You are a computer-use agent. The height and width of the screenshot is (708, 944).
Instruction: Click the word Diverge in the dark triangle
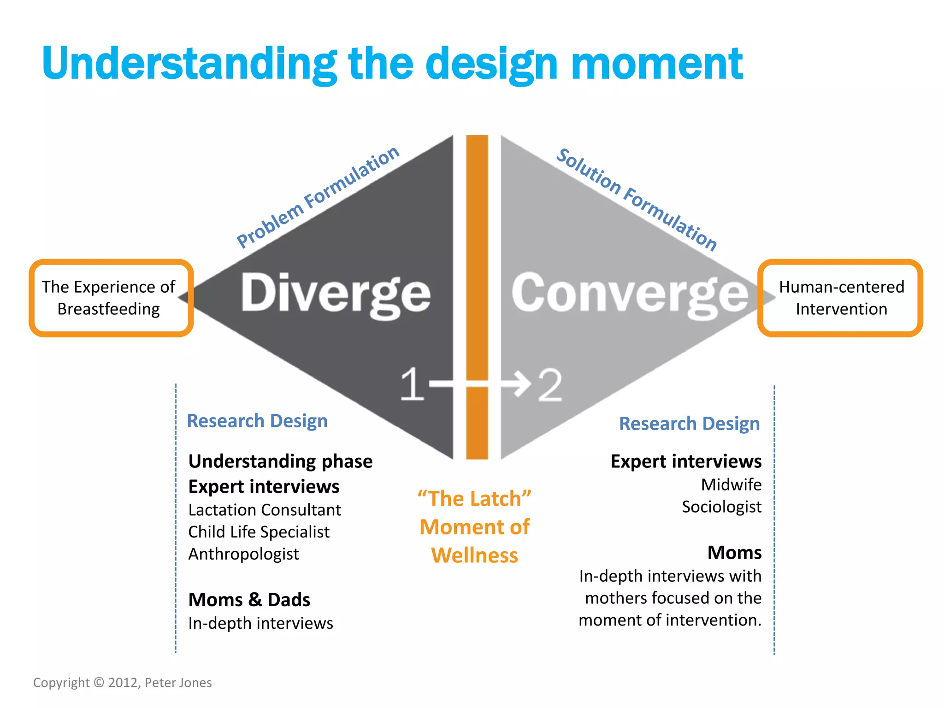pos(336,293)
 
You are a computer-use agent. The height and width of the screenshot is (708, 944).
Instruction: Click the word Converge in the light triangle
pos(629,293)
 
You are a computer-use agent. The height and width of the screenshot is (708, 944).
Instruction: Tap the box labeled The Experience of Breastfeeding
pos(111,298)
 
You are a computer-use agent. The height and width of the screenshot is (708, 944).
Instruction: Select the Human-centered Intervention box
pos(840,298)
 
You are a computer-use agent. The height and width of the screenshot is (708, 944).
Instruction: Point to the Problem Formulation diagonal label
pos(318,197)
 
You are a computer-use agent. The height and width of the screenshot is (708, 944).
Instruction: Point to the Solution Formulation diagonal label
pos(637,199)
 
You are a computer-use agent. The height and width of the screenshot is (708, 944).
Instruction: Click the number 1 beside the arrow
pos(412,384)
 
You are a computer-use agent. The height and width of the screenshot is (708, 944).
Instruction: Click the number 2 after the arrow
pos(550,385)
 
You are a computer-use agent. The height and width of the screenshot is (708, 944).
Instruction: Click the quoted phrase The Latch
pos(474,499)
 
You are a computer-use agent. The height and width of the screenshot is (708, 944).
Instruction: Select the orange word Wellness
pos(474,555)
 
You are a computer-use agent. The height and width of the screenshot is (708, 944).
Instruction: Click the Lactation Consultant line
pos(265,510)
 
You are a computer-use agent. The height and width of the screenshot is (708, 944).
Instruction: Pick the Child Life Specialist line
pos(259,532)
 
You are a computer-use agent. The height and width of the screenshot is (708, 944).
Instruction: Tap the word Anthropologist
pos(243,554)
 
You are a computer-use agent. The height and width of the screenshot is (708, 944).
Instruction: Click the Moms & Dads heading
pos(249,600)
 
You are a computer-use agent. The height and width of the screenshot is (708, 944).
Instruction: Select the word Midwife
pos(731,484)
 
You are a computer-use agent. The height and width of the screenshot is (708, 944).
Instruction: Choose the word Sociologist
pos(721,507)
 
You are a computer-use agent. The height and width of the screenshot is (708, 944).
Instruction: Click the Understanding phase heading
pos(280,461)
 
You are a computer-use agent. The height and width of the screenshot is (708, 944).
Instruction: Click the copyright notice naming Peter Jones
pos(122,683)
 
